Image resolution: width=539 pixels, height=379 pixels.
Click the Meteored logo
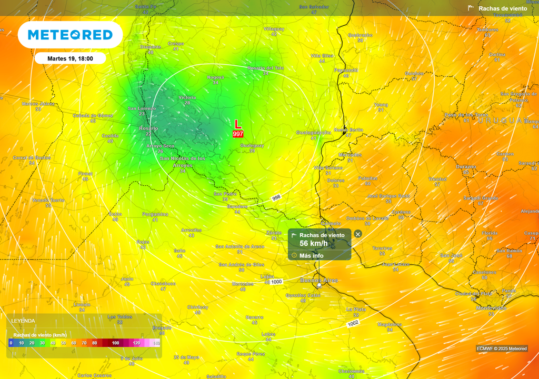click(x=70, y=35)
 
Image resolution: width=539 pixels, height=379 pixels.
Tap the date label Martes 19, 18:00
click(x=70, y=58)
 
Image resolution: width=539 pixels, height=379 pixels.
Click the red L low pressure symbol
click(x=238, y=124)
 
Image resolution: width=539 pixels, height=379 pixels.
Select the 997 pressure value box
click(x=238, y=134)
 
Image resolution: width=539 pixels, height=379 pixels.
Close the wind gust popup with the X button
click(x=358, y=234)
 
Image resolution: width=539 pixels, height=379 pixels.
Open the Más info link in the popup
click(x=311, y=255)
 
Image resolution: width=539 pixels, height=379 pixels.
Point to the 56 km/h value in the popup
click(x=314, y=243)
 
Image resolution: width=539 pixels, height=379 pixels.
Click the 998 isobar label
click(x=276, y=198)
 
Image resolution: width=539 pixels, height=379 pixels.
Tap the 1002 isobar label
click(x=353, y=323)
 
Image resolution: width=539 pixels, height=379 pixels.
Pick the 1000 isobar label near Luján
click(x=276, y=282)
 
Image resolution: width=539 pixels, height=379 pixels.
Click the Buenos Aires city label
click(x=318, y=280)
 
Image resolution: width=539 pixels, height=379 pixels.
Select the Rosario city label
click(x=148, y=128)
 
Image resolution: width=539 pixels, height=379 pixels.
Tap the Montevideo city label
click(x=491, y=308)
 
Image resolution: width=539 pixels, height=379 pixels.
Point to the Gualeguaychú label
click(x=314, y=132)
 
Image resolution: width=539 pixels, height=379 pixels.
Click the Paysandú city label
click(x=346, y=70)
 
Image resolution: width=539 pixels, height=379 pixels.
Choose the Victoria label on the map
click(x=187, y=97)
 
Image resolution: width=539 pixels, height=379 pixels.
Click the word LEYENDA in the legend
click(x=23, y=321)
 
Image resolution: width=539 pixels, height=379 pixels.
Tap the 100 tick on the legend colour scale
click(x=115, y=343)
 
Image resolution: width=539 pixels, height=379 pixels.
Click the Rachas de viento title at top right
click(x=503, y=8)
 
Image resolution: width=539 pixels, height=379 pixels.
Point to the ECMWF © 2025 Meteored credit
click(x=502, y=348)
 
